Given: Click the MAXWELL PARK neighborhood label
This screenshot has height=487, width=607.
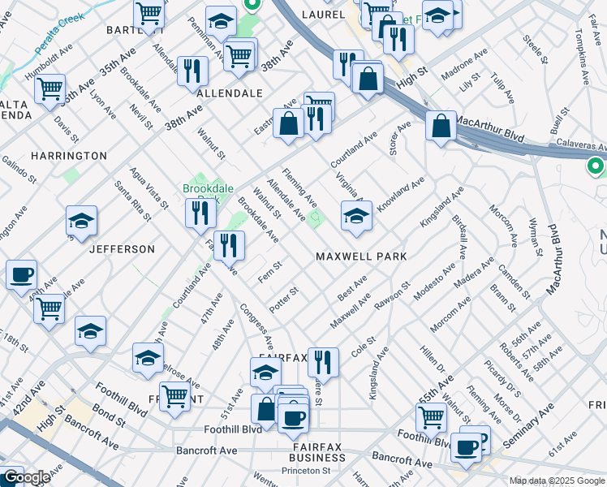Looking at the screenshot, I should click(360, 256).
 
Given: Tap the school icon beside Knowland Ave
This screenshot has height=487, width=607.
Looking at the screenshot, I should click(356, 216).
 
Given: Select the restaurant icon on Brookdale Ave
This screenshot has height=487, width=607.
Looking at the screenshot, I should click(230, 244).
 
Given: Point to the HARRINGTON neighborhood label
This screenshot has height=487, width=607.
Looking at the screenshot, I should click(69, 155).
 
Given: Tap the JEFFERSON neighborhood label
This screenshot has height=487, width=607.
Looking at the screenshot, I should click(123, 248).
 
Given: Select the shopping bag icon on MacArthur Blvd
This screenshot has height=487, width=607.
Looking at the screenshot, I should click(440, 127).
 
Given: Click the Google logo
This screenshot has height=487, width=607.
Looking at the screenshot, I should click(26, 477).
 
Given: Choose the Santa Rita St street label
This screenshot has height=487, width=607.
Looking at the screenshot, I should click(132, 200).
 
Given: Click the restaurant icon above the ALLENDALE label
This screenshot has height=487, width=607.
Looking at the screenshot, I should click(192, 71).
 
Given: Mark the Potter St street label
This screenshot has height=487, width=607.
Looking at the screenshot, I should click(284, 301).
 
